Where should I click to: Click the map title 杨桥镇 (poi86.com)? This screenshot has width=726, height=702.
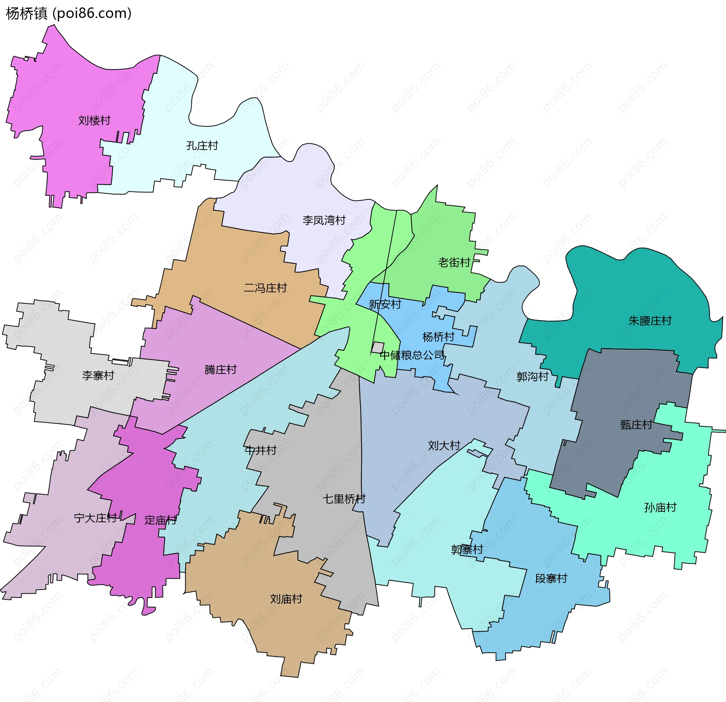[x=69, y=14]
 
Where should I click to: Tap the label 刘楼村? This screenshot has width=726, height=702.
[x=94, y=121]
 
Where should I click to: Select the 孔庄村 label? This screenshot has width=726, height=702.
[x=202, y=146]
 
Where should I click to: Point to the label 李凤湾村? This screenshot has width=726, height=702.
[x=324, y=220]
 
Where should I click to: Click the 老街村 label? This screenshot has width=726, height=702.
[x=454, y=262]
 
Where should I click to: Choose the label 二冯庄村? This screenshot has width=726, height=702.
[x=265, y=288]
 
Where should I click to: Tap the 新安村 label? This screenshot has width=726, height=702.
[x=385, y=304]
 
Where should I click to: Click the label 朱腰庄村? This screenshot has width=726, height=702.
[x=650, y=321]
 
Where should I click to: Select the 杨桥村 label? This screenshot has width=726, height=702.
[x=438, y=337]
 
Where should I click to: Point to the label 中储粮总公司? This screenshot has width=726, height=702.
[x=412, y=355]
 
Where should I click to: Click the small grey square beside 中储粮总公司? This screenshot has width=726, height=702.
[x=377, y=347]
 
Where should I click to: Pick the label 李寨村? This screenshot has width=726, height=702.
[x=98, y=375]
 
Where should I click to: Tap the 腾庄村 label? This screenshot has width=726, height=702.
[x=220, y=369]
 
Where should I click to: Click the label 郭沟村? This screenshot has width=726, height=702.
[x=532, y=377]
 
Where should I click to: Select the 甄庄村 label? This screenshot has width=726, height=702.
[x=636, y=425]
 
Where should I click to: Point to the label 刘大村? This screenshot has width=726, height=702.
[x=444, y=445]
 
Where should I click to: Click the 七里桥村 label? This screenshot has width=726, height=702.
[x=344, y=499]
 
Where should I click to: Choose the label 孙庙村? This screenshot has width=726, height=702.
[x=660, y=507]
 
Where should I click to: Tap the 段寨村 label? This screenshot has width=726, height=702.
[x=551, y=579]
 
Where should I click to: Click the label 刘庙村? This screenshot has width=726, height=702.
[x=286, y=599]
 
